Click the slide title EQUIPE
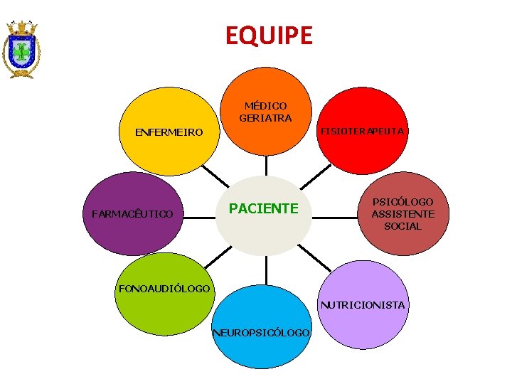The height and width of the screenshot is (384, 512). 269,35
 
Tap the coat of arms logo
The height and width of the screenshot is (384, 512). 21,48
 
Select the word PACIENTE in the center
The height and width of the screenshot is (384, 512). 262,208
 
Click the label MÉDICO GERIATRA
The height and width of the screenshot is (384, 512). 265,112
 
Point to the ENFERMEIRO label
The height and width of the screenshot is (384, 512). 169,132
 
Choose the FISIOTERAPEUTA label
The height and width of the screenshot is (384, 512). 362,132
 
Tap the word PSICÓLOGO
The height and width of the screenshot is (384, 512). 402,202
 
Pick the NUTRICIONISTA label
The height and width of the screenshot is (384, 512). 362,305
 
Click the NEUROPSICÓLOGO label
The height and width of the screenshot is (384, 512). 261,333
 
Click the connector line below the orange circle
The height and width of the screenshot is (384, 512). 266,165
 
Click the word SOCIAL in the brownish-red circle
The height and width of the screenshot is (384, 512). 402,226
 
